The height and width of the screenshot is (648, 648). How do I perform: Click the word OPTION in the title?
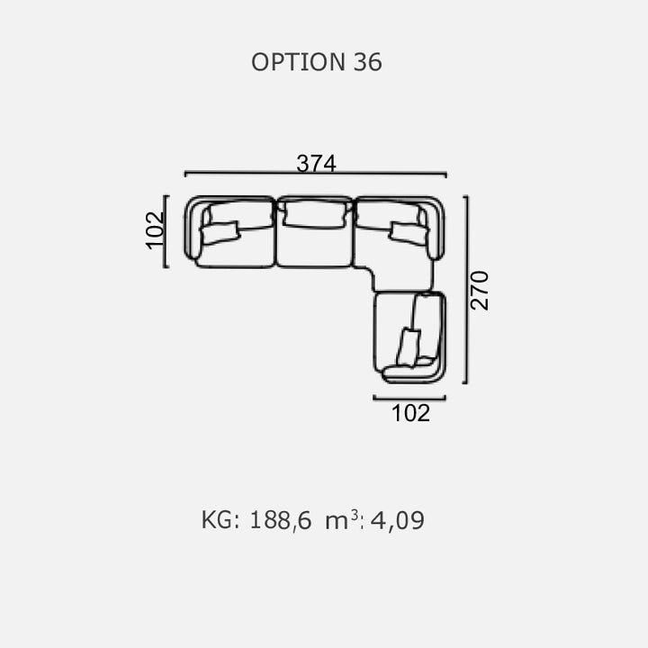[x=298, y=62]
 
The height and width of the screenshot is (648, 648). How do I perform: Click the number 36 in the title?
[x=367, y=62]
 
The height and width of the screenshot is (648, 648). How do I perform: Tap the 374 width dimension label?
[x=316, y=163]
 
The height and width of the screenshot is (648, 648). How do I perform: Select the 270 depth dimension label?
[x=480, y=290]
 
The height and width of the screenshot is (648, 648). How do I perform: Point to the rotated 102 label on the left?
[x=156, y=230]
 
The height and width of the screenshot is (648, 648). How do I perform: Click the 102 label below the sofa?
[x=410, y=413]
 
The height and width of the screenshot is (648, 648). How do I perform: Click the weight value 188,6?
[x=281, y=520]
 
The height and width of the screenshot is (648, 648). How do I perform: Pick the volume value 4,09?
[x=397, y=520]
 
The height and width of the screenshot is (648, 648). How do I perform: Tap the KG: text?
[x=220, y=520]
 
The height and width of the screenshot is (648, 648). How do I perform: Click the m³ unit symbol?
[x=342, y=519]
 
